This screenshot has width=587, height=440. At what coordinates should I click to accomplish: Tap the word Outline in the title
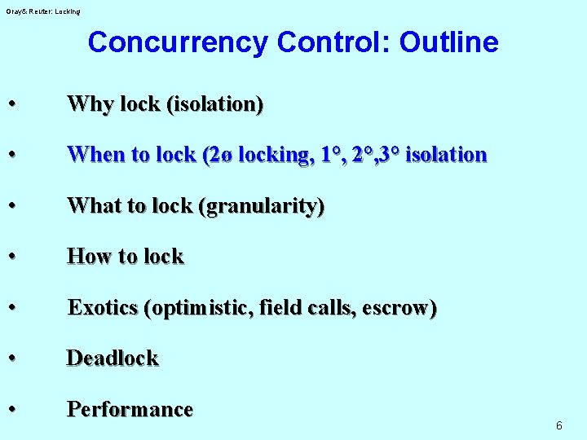[x=448, y=42]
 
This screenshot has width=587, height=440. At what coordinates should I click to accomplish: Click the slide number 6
[x=558, y=425]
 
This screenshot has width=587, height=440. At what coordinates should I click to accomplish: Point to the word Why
[x=90, y=104]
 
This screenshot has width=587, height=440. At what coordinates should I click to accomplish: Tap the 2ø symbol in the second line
[x=217, y=155]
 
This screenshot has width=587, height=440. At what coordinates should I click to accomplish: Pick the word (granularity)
[x=262, y=206]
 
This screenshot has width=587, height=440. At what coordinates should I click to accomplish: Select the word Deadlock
[x=113, y=359]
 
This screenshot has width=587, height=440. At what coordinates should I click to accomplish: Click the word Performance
[x=130, y=409]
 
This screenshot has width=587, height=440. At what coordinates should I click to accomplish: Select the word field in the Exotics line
[x=280, y=308]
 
